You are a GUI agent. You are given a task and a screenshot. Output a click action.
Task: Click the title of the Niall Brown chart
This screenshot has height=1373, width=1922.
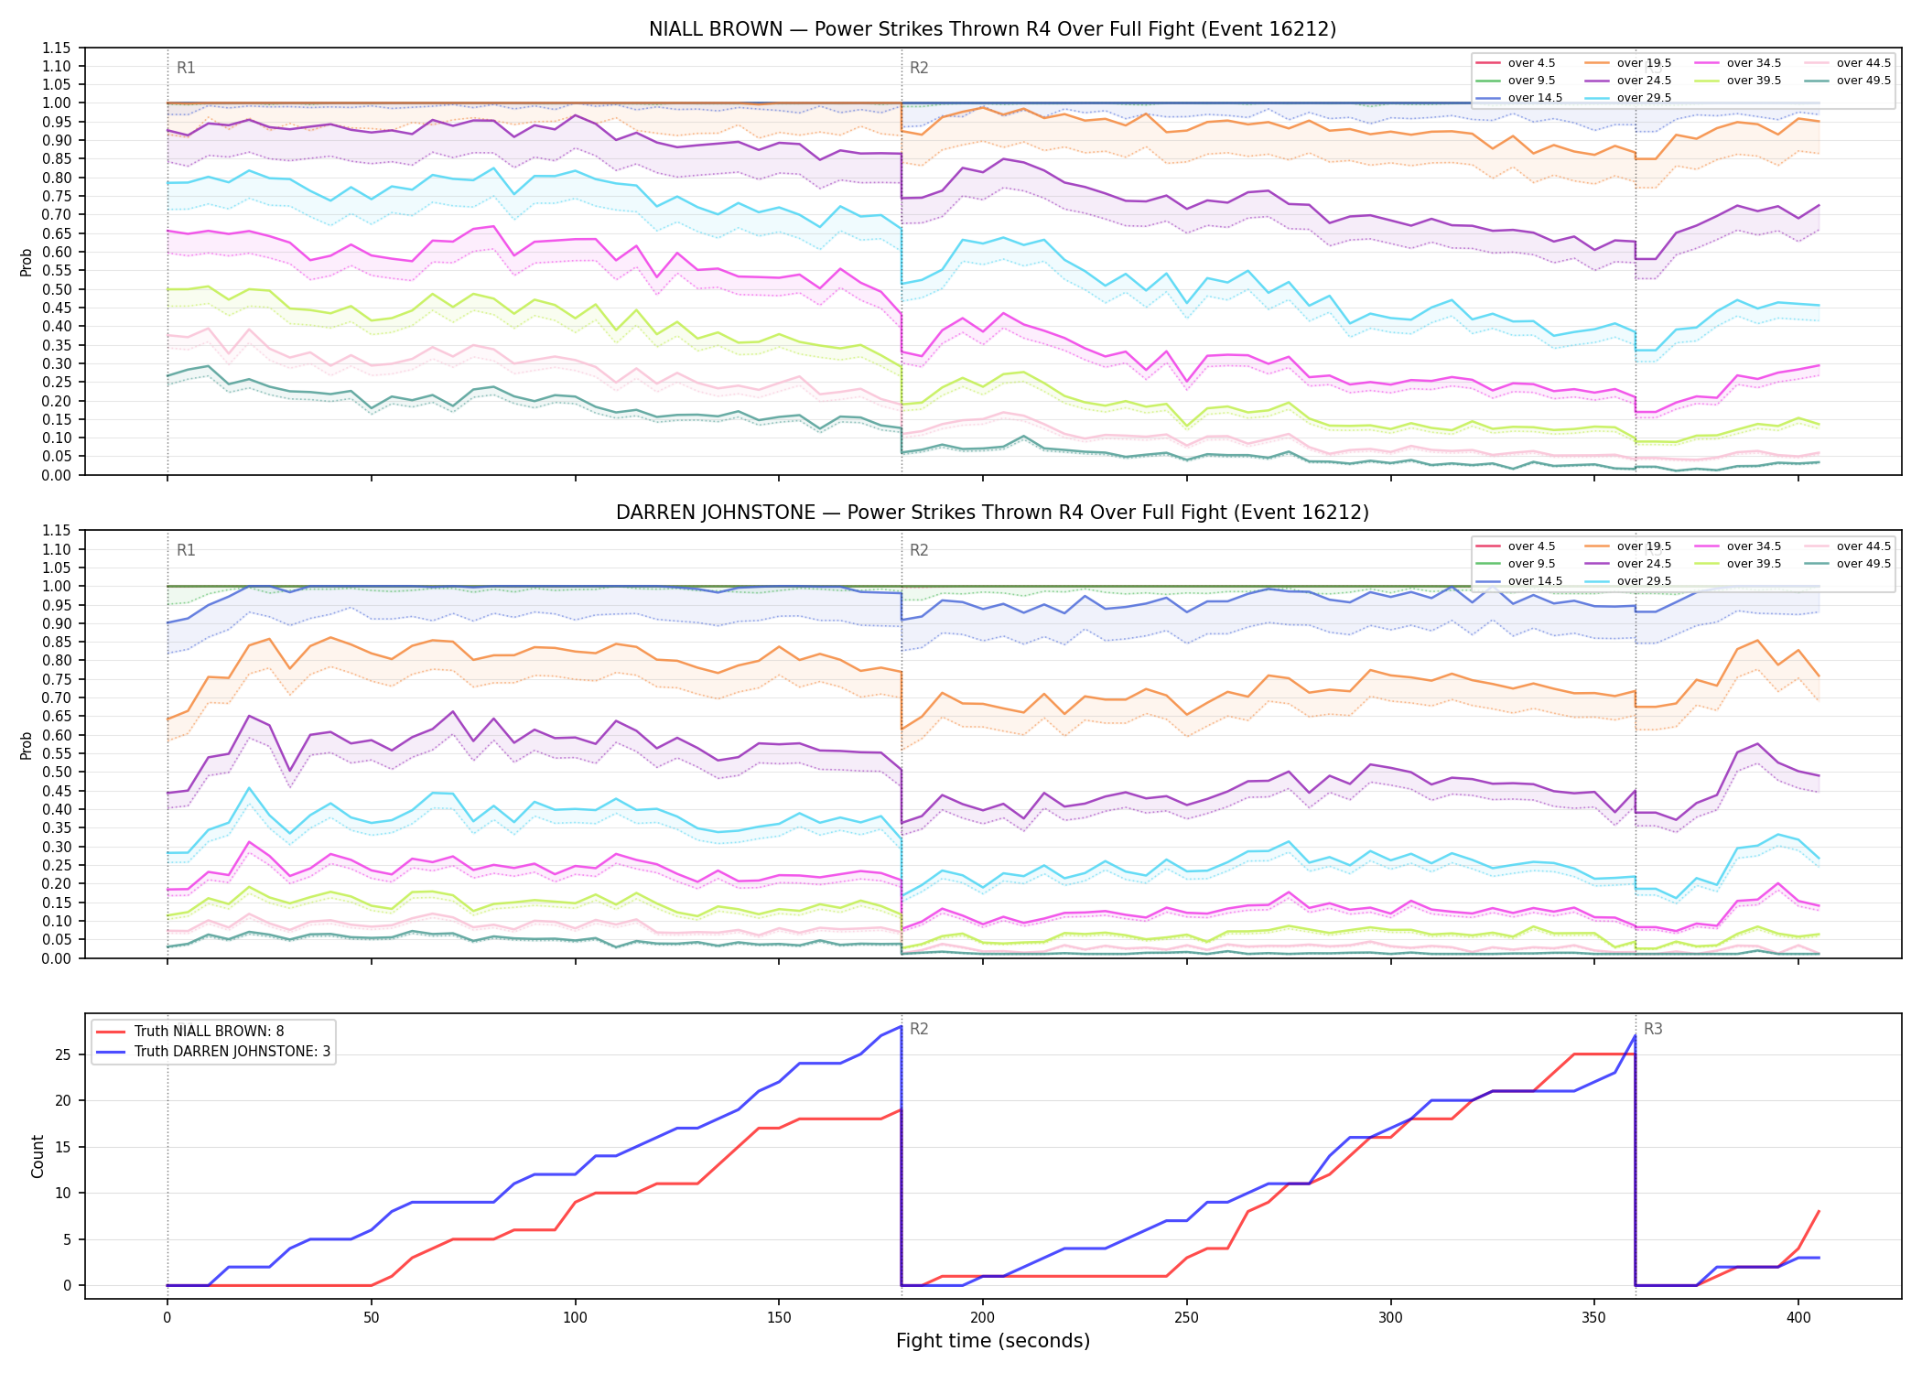point(992,29)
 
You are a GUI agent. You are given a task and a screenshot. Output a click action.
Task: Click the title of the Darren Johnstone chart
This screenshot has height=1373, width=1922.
point(992,513)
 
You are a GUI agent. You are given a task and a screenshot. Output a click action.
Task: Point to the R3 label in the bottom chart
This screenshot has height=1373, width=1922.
point(1653,1029)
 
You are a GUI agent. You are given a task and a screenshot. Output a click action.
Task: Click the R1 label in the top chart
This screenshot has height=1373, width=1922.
point(186,68)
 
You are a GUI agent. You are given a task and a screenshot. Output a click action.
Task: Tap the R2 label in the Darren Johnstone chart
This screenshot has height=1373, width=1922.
point(919,550)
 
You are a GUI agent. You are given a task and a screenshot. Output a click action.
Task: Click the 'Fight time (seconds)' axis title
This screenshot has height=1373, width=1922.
point(993,1341)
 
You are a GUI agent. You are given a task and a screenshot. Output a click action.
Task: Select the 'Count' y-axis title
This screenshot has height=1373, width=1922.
point(38,1156)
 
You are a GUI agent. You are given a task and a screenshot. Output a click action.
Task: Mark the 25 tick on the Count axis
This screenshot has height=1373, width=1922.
point(64,1054)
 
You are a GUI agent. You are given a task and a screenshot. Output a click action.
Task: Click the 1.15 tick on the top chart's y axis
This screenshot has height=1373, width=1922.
point(57,49)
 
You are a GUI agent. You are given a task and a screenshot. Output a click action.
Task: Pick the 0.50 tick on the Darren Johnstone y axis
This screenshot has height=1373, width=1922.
point(57,773)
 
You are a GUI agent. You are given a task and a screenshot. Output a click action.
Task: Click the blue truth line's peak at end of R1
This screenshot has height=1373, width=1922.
point(902,1026)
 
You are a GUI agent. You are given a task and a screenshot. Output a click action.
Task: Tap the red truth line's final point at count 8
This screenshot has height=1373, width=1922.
point(1819,1211)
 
